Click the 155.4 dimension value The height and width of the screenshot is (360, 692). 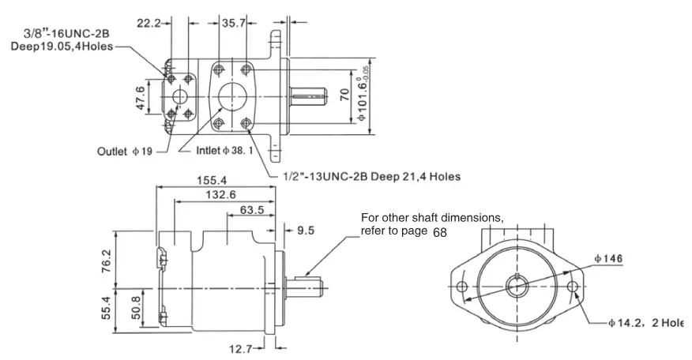tap(212, 180)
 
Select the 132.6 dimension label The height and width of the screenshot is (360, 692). tap(220, 194)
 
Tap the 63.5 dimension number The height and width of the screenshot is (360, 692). tap(252, 209)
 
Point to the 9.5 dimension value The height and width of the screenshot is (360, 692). tap(306, 230)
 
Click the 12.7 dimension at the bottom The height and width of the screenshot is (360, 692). tap(240, 349)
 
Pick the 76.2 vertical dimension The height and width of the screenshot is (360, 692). tap(107, 261)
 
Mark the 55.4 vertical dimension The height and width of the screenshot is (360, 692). tap(107, 308)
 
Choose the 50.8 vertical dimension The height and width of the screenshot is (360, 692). tap(136, 308)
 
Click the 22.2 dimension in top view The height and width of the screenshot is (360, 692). tap(149, 23)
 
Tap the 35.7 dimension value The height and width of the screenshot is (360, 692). tap(234, 23)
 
